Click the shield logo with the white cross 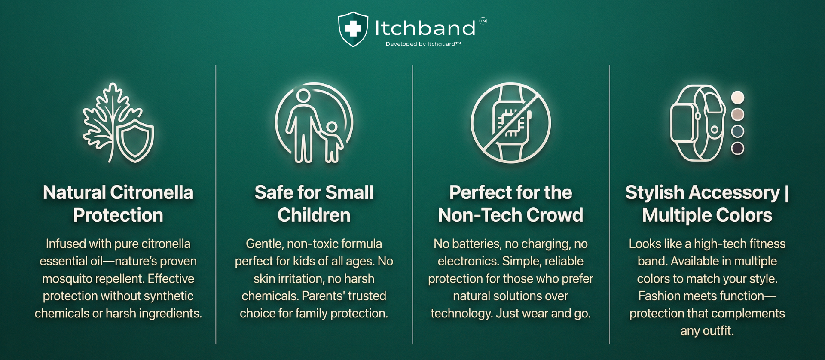[353, 29]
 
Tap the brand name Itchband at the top [425, 28]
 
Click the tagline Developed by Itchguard [423, 44]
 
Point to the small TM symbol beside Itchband [483, 21]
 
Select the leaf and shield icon [118, 123]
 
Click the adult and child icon [314, 123]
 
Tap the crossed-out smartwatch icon [510, 123]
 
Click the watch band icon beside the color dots [697, 123]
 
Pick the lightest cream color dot [738, 98]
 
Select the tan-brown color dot [738, 114]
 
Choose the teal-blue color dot [738, 131]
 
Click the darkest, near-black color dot [738, 148]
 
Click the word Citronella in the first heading [152, 192]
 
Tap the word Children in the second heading [314, 215]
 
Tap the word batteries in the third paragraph [477, 244]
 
